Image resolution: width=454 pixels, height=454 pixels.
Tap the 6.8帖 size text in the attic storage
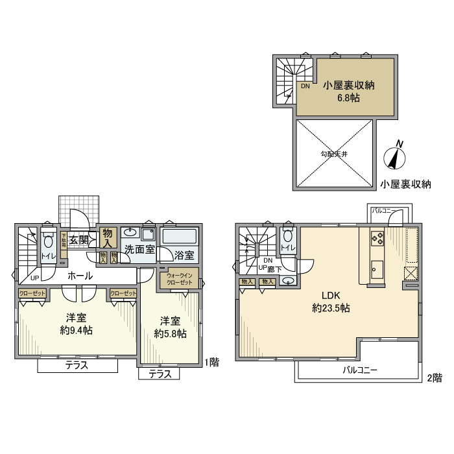pyautogui.click(x=347, y=99)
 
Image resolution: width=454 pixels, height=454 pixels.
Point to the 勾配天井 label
pyautogui.click(x=333, y=154)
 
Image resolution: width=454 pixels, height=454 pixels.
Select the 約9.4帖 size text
pyautogui.click(x=76, y=330)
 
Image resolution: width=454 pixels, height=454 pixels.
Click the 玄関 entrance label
pyautogui.click(x=79, y=239)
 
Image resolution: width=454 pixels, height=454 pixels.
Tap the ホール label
pyautogui.click(x=80, y=276)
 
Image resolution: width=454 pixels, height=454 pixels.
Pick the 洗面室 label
pyautogui.click(x=139, y=249)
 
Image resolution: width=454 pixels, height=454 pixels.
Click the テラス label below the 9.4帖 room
pyautogui.click(x=77, y=366)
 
